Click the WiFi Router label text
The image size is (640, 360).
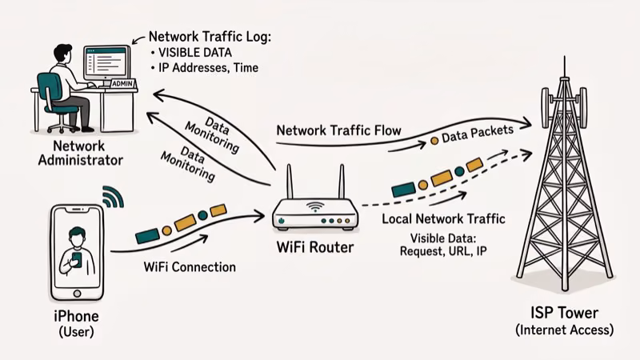(x=314, y=248)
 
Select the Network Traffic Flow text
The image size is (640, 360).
(x=338, y=130)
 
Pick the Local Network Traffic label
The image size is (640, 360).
(x=444, y=219)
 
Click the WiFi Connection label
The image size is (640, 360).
(x=189, y=266)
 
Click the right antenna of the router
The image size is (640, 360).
(x=342, y=183)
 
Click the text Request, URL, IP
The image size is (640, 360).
(x=444, y=251)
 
